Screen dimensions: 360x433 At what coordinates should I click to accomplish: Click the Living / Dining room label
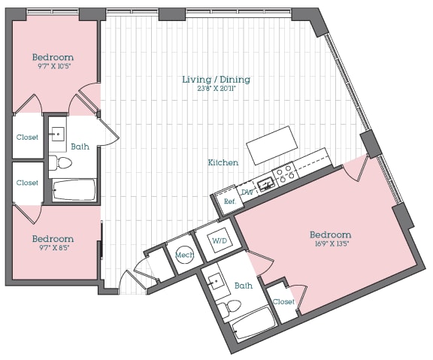216,80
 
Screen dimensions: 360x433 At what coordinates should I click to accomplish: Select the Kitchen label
223,162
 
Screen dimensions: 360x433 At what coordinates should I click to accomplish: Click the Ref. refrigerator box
229,201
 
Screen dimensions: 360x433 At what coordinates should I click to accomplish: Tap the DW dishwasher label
247,190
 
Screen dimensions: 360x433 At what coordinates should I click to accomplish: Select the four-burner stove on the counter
285,175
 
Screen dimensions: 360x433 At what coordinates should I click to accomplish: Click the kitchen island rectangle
273,146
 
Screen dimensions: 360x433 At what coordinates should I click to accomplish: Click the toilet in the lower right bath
232,306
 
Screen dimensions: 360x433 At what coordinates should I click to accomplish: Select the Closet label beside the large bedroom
283,301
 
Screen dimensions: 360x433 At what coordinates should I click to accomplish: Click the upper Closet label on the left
28,138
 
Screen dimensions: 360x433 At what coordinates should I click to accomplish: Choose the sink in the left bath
57,135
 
